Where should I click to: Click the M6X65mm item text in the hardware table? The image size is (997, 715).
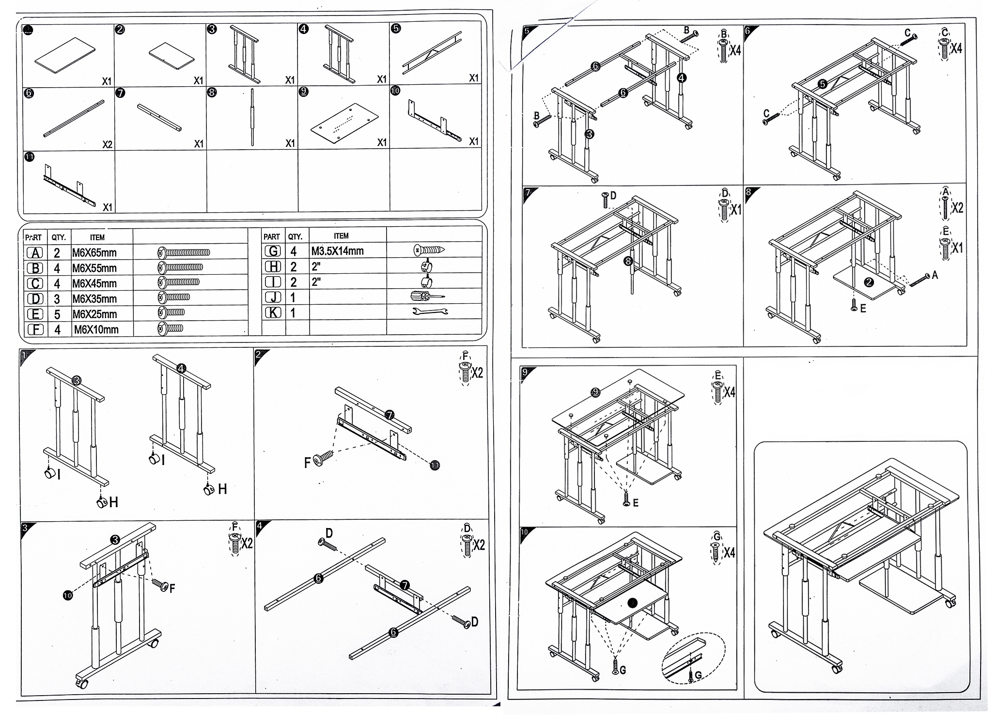tap(94, 252)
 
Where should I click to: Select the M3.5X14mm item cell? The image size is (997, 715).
tap(337, 251)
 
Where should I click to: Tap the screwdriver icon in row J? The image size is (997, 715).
tap(426, 296)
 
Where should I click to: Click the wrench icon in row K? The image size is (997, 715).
tap(430, 311)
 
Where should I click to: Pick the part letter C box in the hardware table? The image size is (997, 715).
tap(35, 283)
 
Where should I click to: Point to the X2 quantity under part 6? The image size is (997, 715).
tap(107, 144)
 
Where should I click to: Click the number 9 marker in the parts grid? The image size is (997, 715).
tap(303, 91)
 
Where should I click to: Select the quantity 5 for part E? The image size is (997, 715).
tap(57, 314)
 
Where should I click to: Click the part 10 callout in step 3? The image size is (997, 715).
tap(68, 595)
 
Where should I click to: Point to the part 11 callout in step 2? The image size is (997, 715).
tap(435, 466)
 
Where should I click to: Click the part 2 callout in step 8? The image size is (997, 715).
tap(869, 282)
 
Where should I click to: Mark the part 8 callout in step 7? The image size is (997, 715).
tap(628, 261)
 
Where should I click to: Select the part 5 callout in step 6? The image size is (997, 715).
tap(822, 84)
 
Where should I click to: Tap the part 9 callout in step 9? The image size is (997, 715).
tap(596, 392)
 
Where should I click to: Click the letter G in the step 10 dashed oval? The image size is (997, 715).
tap(698, 675)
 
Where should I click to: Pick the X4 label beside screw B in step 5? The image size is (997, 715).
tap(735, 50)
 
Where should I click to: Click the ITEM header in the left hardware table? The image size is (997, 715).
tap(97, 237)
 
